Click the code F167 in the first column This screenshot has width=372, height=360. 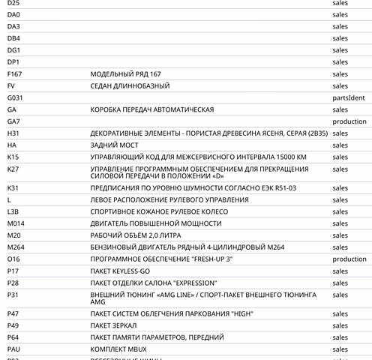(15, 74)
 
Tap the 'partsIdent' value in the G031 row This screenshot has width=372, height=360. (349, 98)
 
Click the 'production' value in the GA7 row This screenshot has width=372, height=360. (349, 121)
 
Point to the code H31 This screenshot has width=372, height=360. (13, 133)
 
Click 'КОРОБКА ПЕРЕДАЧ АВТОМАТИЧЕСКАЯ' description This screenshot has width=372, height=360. (152, 109)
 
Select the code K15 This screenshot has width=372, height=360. (13, 157)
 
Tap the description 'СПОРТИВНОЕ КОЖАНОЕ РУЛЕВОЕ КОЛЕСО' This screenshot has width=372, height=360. (158, 211)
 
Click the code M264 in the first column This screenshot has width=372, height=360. (16, 247)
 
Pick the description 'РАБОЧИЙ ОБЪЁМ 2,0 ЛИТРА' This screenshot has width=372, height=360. (136, 235)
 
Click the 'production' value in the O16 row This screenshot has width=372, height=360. (349, 259)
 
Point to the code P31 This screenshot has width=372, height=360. (13, 295)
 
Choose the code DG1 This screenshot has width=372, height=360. (14, 50)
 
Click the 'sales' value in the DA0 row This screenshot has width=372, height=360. (340, 15)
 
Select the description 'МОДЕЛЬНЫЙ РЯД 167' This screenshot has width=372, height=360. (126, 74)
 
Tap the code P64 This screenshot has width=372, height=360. (13, 337)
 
